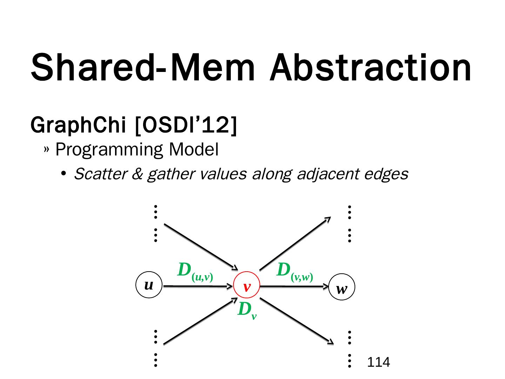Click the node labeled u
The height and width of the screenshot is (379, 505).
click(149, 285)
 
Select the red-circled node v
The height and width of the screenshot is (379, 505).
click(247, 287)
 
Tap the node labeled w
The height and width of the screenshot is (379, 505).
click(342, 289)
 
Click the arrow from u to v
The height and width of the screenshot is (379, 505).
click(198, 286)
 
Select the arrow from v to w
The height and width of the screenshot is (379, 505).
click(295, 287)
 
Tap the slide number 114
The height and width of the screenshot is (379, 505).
click(378, 362)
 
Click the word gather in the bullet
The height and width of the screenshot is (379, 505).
click(170, 174)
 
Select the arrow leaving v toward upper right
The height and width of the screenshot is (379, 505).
click(295, 244)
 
